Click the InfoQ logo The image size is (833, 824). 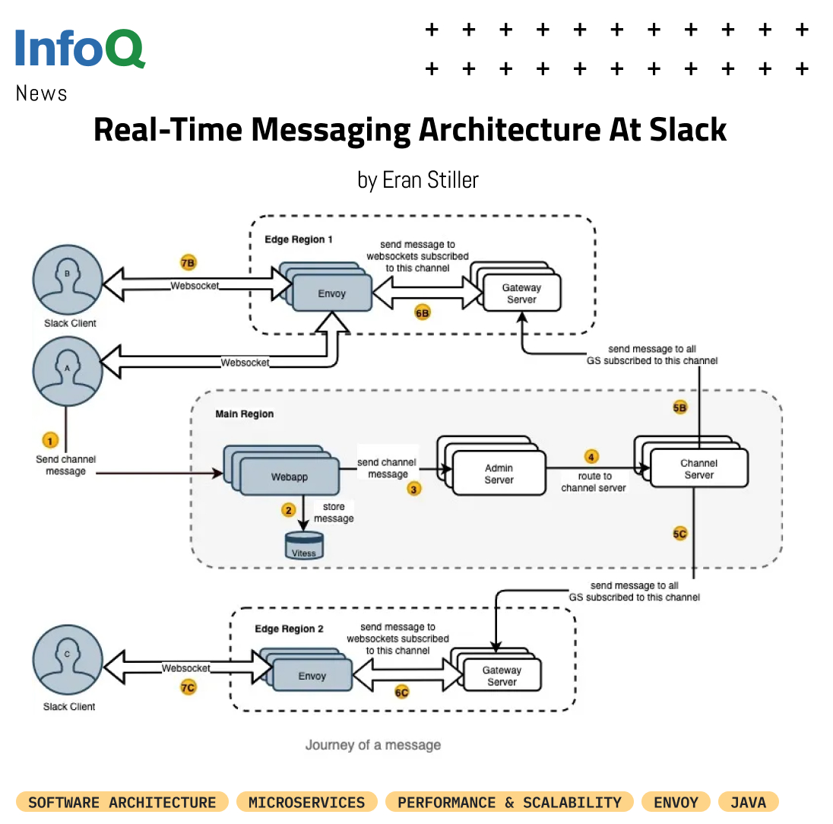pos(80,48)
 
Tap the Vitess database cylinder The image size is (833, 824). pos(304,545)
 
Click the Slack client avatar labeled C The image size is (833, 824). pos(68,660)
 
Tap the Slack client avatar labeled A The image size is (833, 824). pos(68,372)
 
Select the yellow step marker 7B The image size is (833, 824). pos(188,262)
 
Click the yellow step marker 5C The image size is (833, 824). pos(680,534)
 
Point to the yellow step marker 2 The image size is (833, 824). pos(289,511)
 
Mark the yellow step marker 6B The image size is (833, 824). pos(423,313)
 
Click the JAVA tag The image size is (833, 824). pos(748,802)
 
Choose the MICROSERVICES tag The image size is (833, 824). pos(306,802)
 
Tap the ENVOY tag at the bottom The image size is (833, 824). pos(676,802)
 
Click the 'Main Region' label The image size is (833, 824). pos(245,414)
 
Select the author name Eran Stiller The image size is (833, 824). pos(430,180)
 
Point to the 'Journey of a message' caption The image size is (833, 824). pos(373,745)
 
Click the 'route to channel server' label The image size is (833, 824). pos(594,482)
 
